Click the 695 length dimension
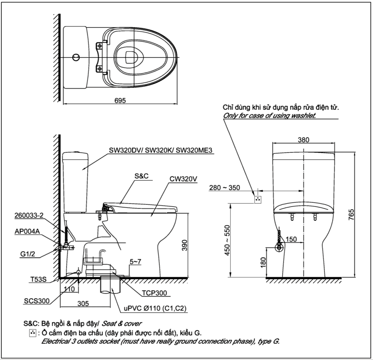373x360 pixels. pos(120,101)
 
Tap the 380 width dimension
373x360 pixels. pos(304,140)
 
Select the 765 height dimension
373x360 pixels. pos(351,214)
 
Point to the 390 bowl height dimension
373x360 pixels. pos(184,245)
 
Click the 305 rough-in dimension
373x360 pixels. pos(83,304)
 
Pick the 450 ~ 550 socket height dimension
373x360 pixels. pos(227,240)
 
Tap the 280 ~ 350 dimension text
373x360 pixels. pos(225,188)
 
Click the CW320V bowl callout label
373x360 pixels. pos(183,179)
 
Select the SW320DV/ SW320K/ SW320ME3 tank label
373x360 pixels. pos(160,150)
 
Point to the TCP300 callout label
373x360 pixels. pos(155,293)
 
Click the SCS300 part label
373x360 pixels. pos(37,301)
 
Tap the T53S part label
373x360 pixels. pos(39,279)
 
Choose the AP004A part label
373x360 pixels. pos(27,231)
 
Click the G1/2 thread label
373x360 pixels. pos(28,254)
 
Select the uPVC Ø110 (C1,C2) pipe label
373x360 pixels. pos(155,308)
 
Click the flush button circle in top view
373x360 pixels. pos(76,57)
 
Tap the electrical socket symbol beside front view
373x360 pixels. pos(258,199)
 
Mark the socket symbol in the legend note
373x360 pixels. pos(33,333)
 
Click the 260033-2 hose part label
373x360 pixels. pos(29,215)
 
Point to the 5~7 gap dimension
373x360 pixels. pos(135,262)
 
